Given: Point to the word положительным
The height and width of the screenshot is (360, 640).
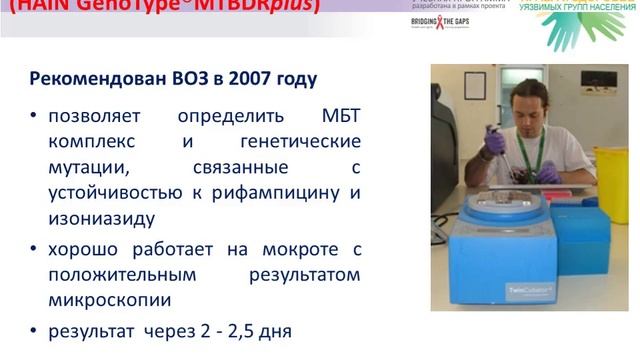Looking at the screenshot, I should (x=121, y=273).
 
